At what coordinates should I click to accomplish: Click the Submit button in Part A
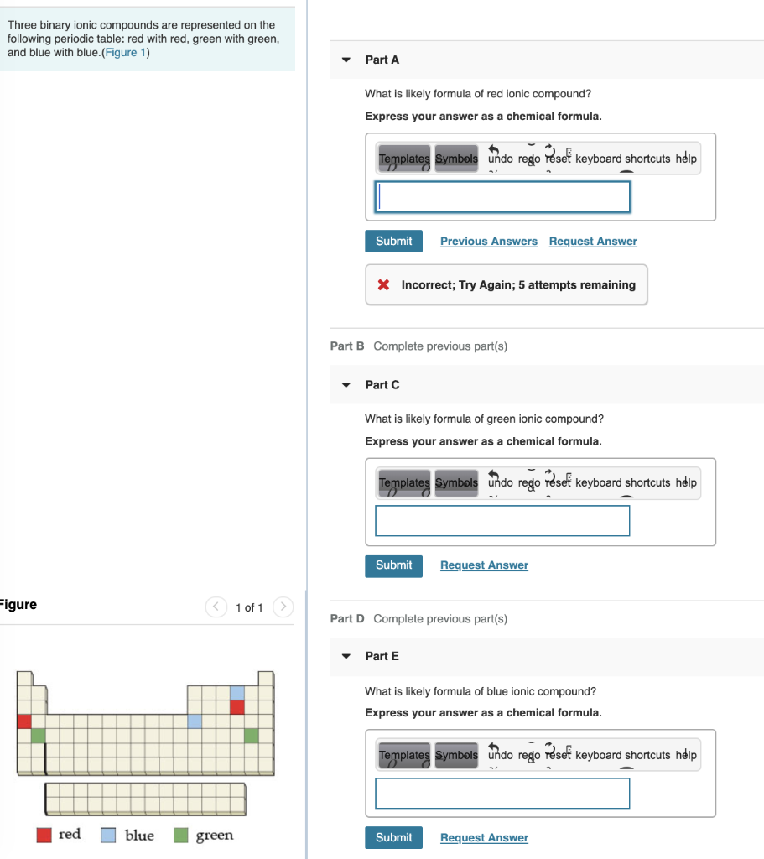pos(393,242)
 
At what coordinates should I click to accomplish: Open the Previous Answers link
pos(488,242)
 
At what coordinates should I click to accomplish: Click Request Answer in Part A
pos(593,242)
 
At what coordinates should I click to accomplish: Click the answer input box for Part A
pos(502,197)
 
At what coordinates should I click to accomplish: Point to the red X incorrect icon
pos(383,285)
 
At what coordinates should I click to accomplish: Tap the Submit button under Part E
pos(393,837)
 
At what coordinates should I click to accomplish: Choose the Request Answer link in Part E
pos(484,838)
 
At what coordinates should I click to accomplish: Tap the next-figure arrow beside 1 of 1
pos(283,607)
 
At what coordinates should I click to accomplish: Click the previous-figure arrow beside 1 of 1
pos(216,607)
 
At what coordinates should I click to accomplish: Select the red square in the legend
pos(44,836)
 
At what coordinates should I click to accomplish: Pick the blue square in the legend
pos(108,836)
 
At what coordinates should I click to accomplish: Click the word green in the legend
pos(215,836)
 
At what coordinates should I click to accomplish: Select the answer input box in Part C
pos(502,520)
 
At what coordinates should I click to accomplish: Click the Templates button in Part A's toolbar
pos(404,159)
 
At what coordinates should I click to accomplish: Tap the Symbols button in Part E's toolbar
pos(456,755)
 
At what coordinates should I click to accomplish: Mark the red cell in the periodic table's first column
pos(23,721)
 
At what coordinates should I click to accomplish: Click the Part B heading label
pos(347,346)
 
